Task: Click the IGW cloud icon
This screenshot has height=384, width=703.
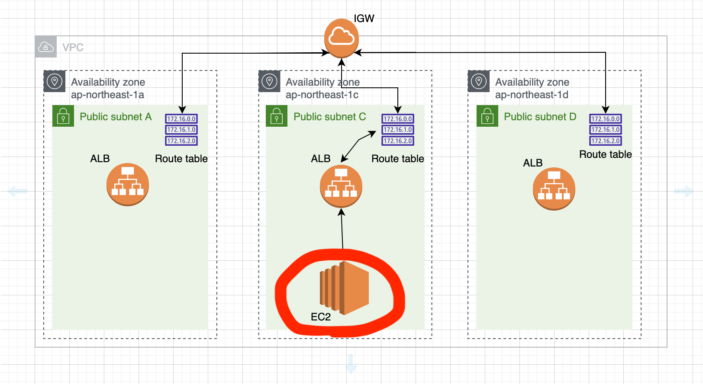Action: [342, 38]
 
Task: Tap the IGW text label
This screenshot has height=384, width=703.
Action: [364, 19]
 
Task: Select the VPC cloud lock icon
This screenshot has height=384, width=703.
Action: [46, 47]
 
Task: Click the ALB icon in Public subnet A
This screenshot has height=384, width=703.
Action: [128, 185]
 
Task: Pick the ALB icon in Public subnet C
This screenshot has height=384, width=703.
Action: [341, 186]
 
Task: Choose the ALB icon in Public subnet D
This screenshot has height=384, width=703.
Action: [554, 189]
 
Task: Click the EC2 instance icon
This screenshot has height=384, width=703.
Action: [344, 288]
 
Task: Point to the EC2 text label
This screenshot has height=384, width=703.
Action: [321, 317]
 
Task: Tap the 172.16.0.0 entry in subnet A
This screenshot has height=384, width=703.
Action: [181, 119]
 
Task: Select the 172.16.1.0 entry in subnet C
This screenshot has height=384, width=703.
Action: [398, 130]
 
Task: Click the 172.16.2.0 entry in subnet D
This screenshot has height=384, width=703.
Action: [606, 141]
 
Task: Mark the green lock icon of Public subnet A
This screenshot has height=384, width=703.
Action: [63, 116]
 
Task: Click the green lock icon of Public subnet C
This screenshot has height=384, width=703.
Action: [277, 116]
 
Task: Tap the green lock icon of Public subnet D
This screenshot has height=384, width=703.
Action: [487, 116]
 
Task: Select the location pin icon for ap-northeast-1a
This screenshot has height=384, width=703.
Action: [55, 81]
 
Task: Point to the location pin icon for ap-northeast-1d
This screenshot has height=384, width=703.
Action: [479, 81]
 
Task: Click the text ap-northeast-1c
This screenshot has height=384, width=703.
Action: [322, 95]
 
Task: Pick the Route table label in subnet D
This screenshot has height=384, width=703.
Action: [605, 154]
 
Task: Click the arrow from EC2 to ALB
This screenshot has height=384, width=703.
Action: [342, 229]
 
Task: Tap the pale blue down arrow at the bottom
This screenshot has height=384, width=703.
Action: [351, 364]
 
